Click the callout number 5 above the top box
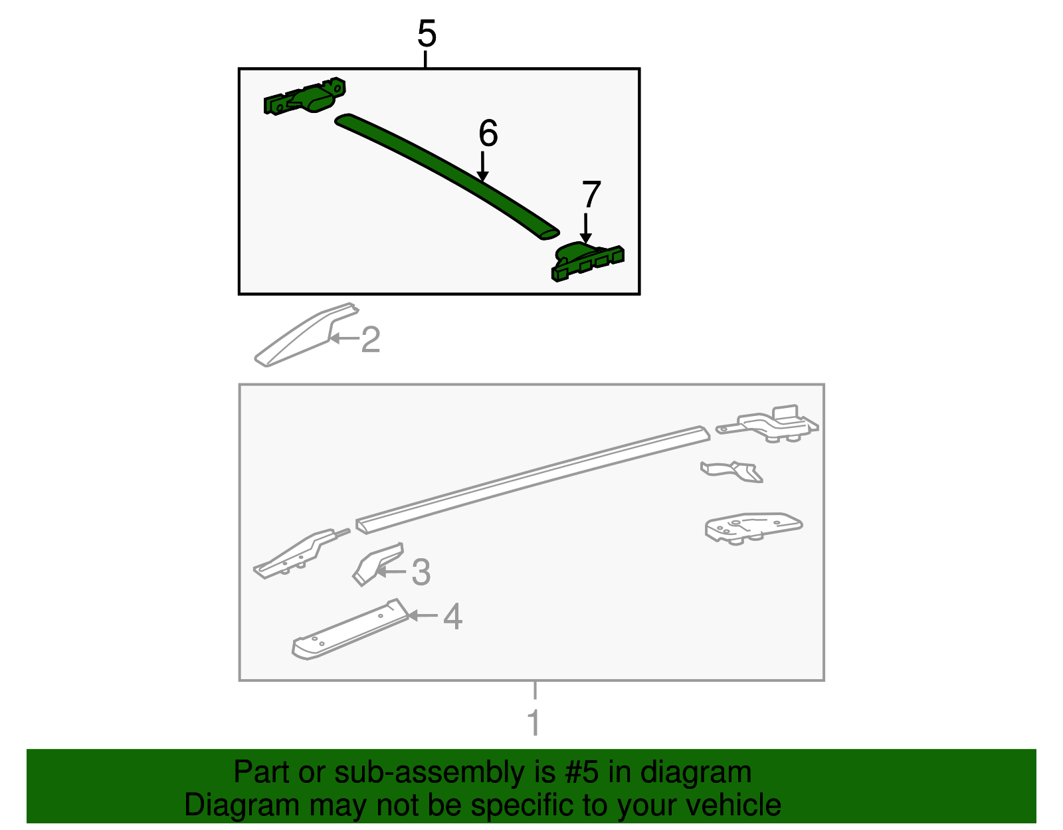pyautogui.click(x=427, y=34)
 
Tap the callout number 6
pyautogui.click(x=488, y=133)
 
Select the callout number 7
pyautogui.click(x=591, y=194)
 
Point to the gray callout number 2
pyautogui.click(x=370, y=340)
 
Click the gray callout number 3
pyautogui.click(x=421, y=571)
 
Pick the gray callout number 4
pyautogui.click(x=453, y=616)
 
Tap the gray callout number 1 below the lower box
pyautogui.click(x=534, y=722)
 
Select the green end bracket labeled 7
pyautogui.click(x=587, y=262)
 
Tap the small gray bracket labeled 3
pyautogui.click(x=377, y=564)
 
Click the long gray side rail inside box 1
pyautogui.click(x=533, y=480)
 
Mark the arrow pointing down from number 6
pyautogui.click(x=482, y=166)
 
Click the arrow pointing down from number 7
pyautogui.click(x=585, y=228)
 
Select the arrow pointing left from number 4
pyautogui.click(x=423, y=615)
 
